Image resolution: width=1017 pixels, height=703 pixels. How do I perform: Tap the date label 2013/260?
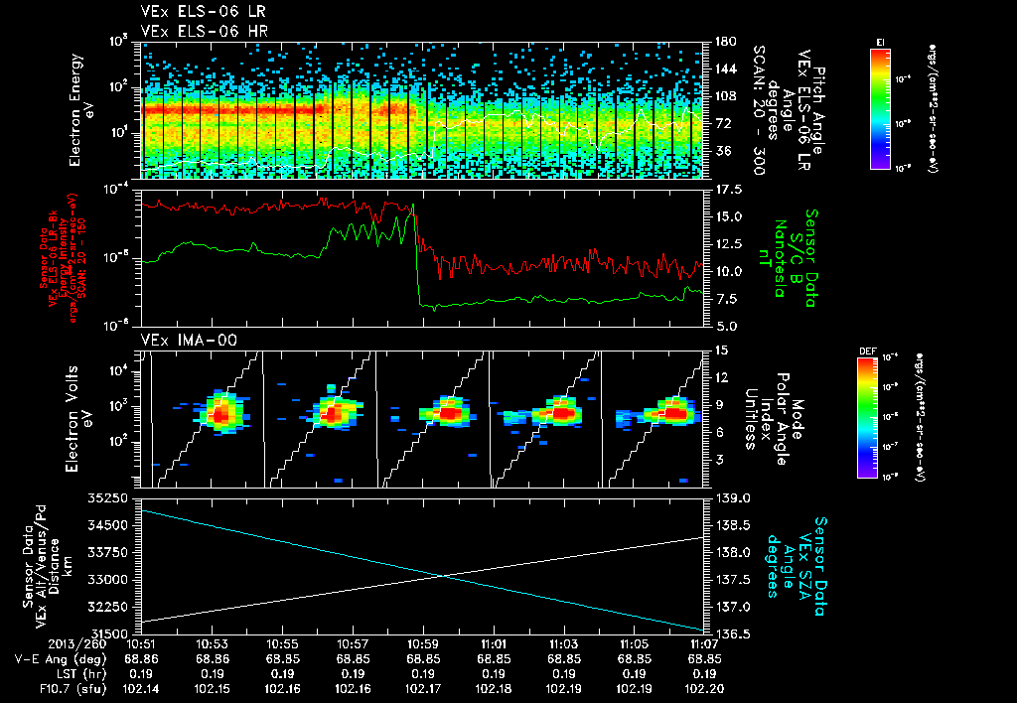tap(45, 643)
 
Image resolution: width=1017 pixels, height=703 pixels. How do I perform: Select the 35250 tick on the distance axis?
tap(112, 496)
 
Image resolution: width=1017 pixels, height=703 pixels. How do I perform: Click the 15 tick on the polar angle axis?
tap(721, 350)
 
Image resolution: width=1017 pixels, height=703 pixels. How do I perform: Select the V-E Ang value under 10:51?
tap(143, 658)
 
